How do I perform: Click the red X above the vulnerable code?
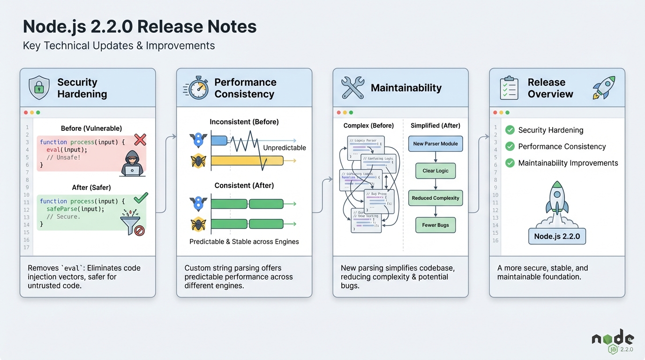click(140, 139)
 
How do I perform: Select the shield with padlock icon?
click(39, 88)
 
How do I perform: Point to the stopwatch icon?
click(197, 87)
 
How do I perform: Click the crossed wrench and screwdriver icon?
click(352, 88)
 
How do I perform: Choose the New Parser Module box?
click(435, 144)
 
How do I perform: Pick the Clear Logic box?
click(435, 171)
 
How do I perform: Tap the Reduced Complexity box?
click(435, 198)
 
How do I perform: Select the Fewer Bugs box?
click(435, 225)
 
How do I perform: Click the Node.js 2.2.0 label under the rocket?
click(557, 236)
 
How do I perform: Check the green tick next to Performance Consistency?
click(510, 147)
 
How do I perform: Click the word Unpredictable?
click(284, 148)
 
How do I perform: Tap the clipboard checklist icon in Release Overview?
click(509, 88)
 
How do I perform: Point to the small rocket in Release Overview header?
click(603, 88)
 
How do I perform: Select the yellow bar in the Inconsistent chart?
click(247, 161)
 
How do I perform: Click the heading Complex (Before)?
click(368, 126)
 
